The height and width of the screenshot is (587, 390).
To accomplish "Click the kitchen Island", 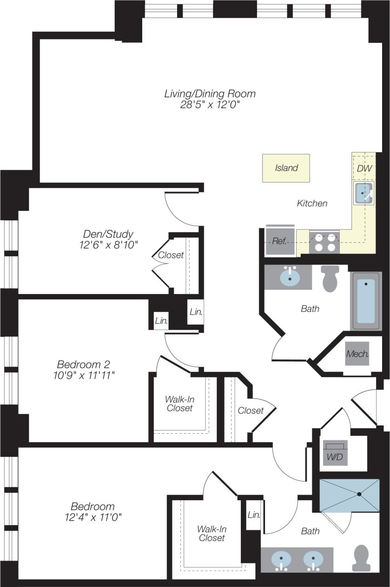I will point(286,168).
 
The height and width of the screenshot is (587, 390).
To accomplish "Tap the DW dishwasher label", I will point(364,168).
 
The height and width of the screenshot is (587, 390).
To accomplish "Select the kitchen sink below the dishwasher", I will point(364,193).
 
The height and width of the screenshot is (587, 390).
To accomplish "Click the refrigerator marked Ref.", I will point(279,241).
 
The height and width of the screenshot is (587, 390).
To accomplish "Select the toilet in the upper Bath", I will point(330,278).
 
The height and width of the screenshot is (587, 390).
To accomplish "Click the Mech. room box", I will point(357,354).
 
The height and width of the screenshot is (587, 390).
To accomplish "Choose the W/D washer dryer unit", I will point(335,457).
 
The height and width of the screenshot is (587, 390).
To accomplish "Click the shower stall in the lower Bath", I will point(349,496).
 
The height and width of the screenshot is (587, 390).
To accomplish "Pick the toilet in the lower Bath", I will point(361,558).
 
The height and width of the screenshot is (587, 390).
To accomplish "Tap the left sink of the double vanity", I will point(281,559).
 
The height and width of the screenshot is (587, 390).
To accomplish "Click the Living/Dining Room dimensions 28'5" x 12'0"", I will point(210,105).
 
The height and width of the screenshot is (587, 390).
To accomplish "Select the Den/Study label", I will point(108,234).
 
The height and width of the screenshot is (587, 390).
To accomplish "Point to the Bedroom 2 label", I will point(83,364).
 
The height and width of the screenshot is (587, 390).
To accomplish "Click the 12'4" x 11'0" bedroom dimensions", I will point(93,516).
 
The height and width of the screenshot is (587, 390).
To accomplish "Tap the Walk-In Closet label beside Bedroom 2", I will point(179,404).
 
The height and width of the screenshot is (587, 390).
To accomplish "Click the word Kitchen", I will point(312,203).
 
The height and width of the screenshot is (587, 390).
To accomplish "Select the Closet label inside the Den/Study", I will point(171,255).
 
